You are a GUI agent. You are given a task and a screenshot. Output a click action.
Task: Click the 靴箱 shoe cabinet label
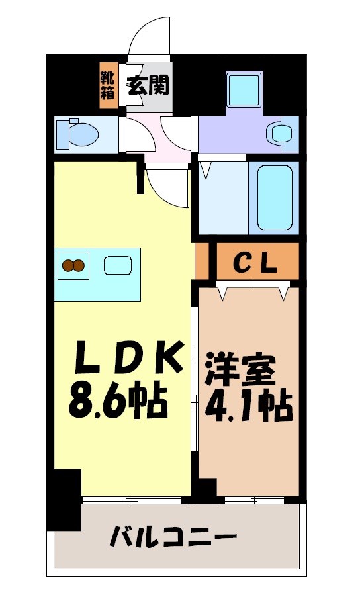click(107, 85)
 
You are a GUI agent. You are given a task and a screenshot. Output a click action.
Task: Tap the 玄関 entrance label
click(148, 85)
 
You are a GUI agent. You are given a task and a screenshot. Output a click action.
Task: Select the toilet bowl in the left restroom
click(80, 134)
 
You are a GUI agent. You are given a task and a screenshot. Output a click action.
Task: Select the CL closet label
click(254, 263)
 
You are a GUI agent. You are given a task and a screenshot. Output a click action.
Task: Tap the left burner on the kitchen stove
click(67, 266)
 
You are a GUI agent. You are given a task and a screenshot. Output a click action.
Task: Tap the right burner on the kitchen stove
click(79, 266)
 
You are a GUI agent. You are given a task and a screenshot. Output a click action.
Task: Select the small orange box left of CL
click(202, 261)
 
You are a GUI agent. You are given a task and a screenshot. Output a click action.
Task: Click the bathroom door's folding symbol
click(206, 170)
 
